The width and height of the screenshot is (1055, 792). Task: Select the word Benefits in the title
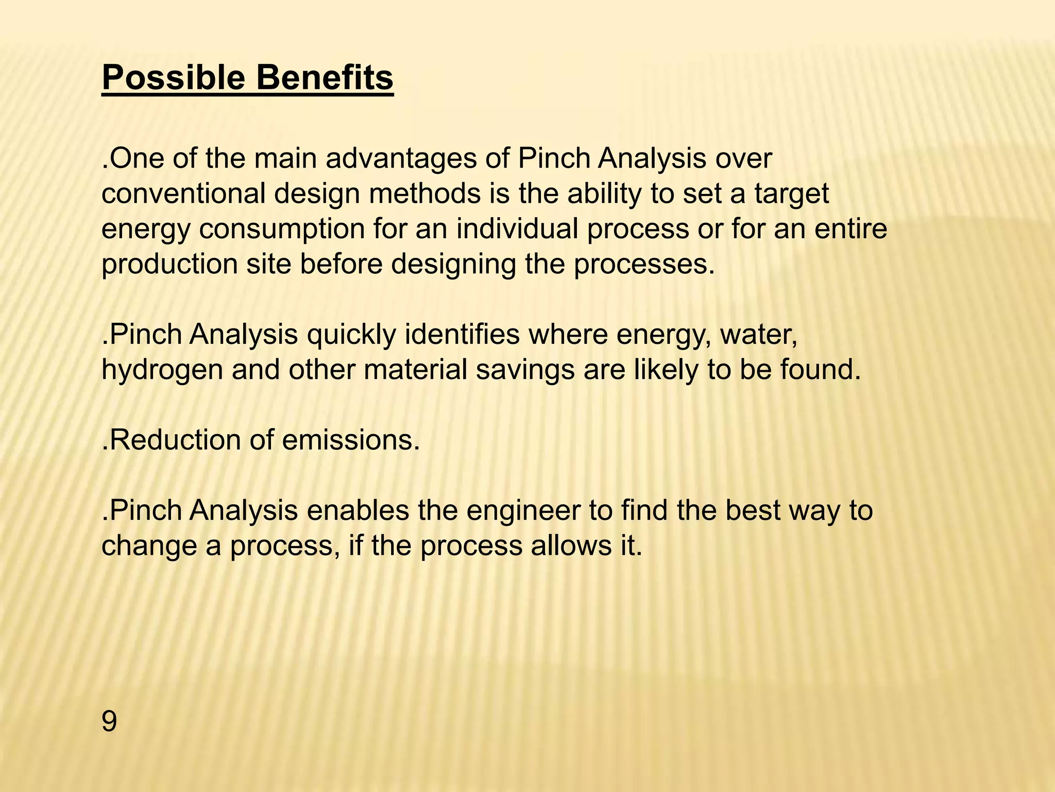click(x=325, y=78)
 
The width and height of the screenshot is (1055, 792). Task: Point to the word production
click(x=169, y=264)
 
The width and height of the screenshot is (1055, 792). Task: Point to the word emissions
click(x=350, y=440)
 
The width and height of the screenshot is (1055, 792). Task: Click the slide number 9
click(x=109, y=721)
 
